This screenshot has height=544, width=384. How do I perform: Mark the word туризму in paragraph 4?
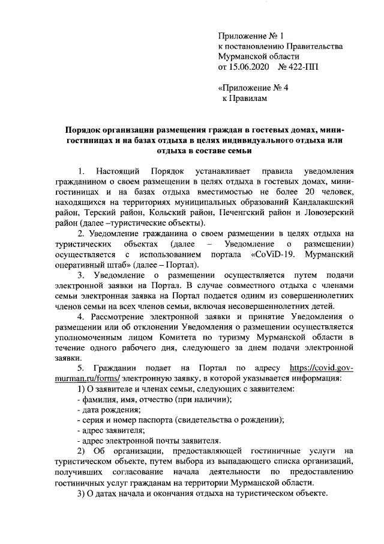click(252, 338)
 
